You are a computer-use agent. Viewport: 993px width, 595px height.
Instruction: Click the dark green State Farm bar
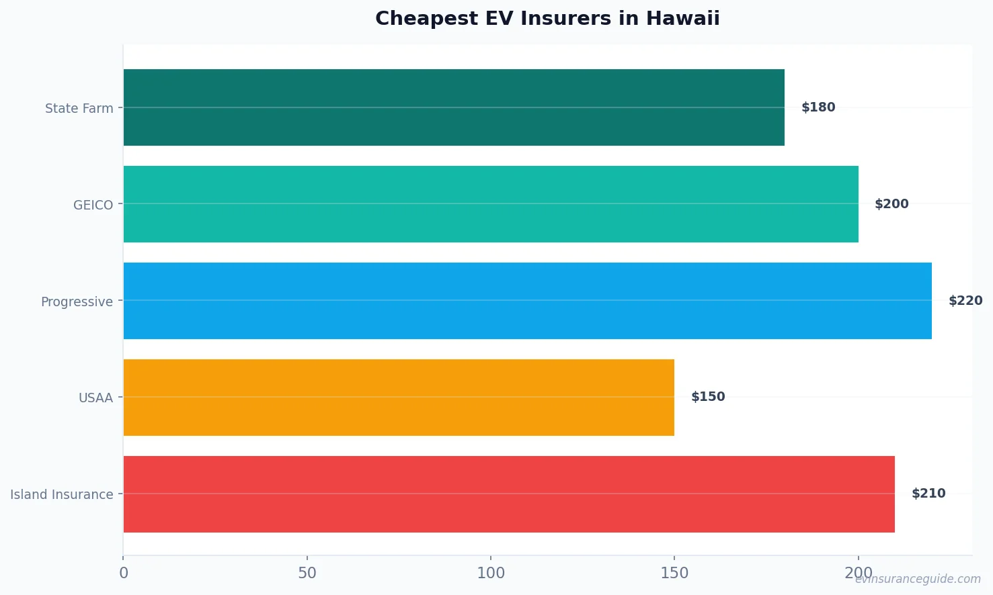454,107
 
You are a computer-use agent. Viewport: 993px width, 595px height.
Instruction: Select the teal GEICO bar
491,204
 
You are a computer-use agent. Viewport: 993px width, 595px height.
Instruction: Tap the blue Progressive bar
528,301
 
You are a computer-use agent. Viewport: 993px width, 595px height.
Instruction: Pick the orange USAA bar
399,398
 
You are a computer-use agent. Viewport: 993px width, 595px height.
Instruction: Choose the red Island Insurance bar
509,494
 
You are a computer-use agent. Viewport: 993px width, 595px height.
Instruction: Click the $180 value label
818,107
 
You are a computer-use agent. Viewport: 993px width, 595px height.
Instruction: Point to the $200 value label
891,204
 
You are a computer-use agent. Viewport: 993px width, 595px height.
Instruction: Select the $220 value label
965,301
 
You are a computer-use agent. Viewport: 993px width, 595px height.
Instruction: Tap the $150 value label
708,397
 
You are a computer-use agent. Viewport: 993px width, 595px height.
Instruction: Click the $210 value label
928,494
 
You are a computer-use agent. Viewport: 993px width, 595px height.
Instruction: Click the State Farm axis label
79,108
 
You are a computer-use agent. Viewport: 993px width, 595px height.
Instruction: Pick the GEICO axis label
93,205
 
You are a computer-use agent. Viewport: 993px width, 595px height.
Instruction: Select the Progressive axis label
77,302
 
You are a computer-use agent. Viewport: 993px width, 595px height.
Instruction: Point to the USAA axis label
95,398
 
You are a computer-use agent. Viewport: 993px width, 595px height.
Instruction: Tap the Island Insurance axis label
61,494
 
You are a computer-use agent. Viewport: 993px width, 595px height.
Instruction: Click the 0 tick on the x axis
124,573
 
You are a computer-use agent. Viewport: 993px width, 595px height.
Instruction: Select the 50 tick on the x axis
307,573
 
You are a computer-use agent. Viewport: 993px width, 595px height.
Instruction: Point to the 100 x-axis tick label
491,573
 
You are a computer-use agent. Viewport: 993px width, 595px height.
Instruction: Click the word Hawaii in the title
682,18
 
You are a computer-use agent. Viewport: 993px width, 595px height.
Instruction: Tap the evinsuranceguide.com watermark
918,579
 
